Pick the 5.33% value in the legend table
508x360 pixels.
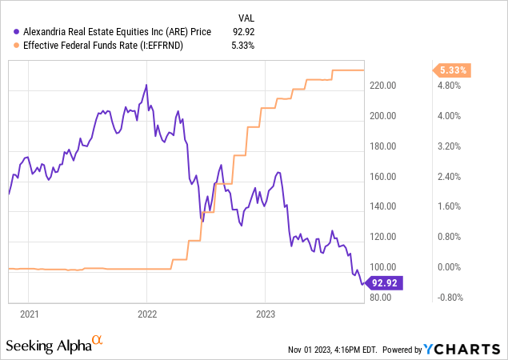[242, 46]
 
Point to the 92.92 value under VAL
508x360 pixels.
[242, 32]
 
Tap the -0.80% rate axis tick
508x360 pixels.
[448, 298]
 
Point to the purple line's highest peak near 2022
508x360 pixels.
[146, 84]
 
